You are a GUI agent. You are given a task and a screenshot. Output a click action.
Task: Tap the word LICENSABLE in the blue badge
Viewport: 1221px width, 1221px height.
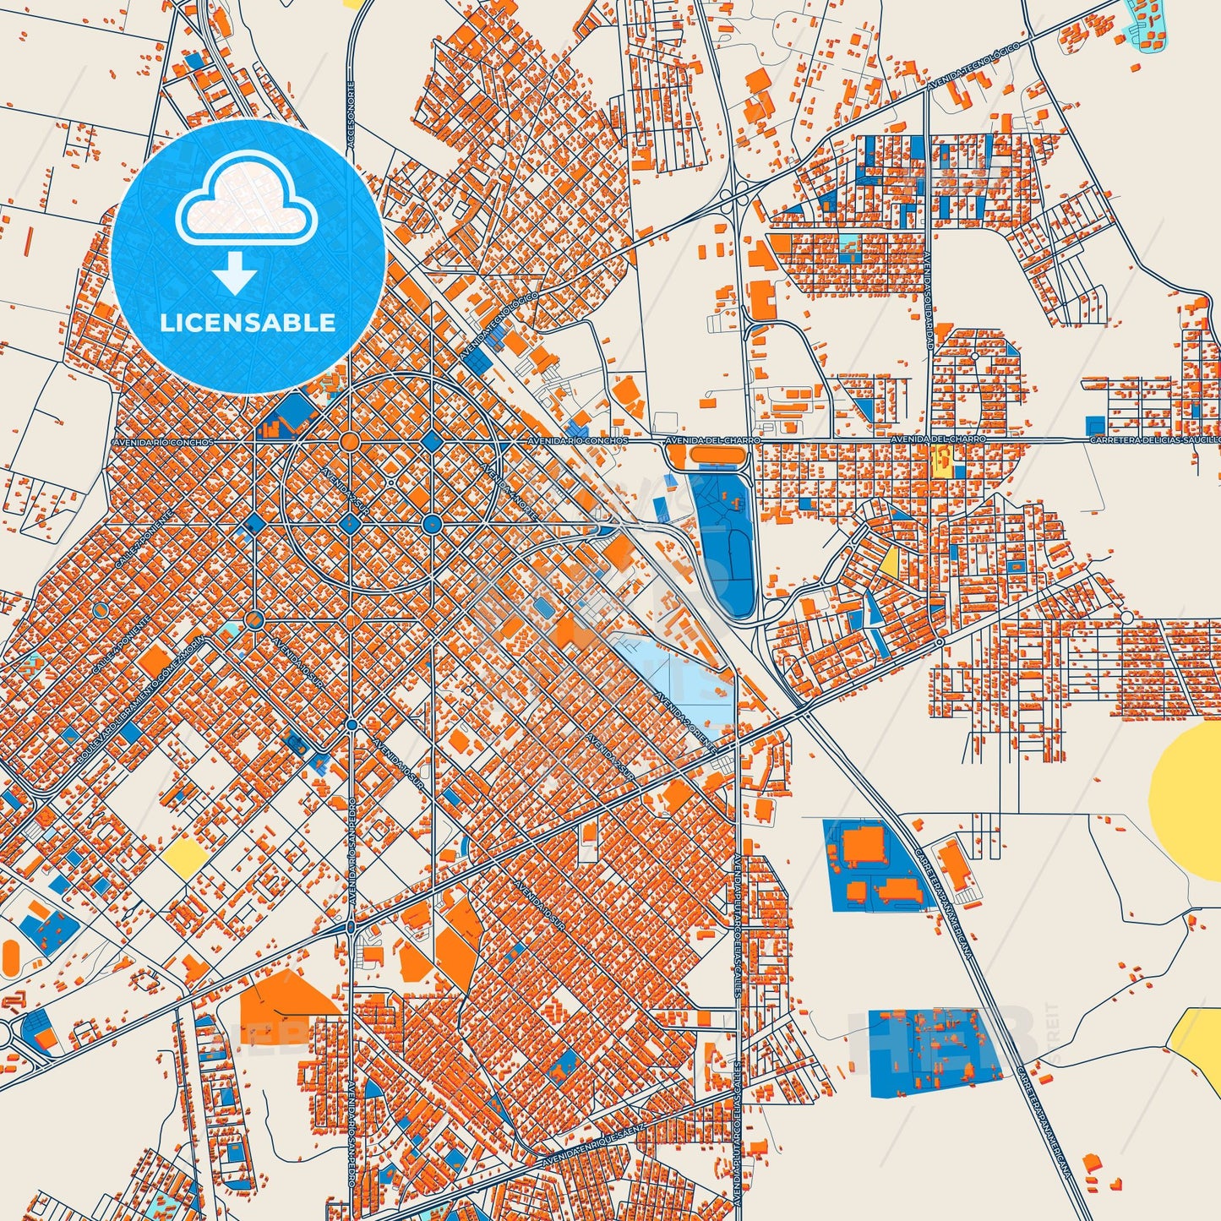tap(247, 322)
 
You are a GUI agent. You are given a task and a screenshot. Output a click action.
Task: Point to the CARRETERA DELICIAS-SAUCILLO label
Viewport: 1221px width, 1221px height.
tap(1154, 440)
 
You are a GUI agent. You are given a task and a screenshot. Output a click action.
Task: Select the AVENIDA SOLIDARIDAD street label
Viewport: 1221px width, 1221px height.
tap(929, 300)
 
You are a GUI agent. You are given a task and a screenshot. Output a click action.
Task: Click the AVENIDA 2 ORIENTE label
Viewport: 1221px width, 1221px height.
tap(684, 718)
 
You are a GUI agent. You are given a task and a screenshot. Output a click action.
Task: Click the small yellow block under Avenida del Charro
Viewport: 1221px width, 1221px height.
tap(941, 461)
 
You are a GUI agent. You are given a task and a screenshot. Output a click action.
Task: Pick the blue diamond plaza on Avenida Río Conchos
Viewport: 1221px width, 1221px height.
tap(432, 441)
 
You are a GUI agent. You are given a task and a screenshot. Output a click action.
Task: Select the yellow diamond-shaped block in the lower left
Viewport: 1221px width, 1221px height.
tap(185, 857)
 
